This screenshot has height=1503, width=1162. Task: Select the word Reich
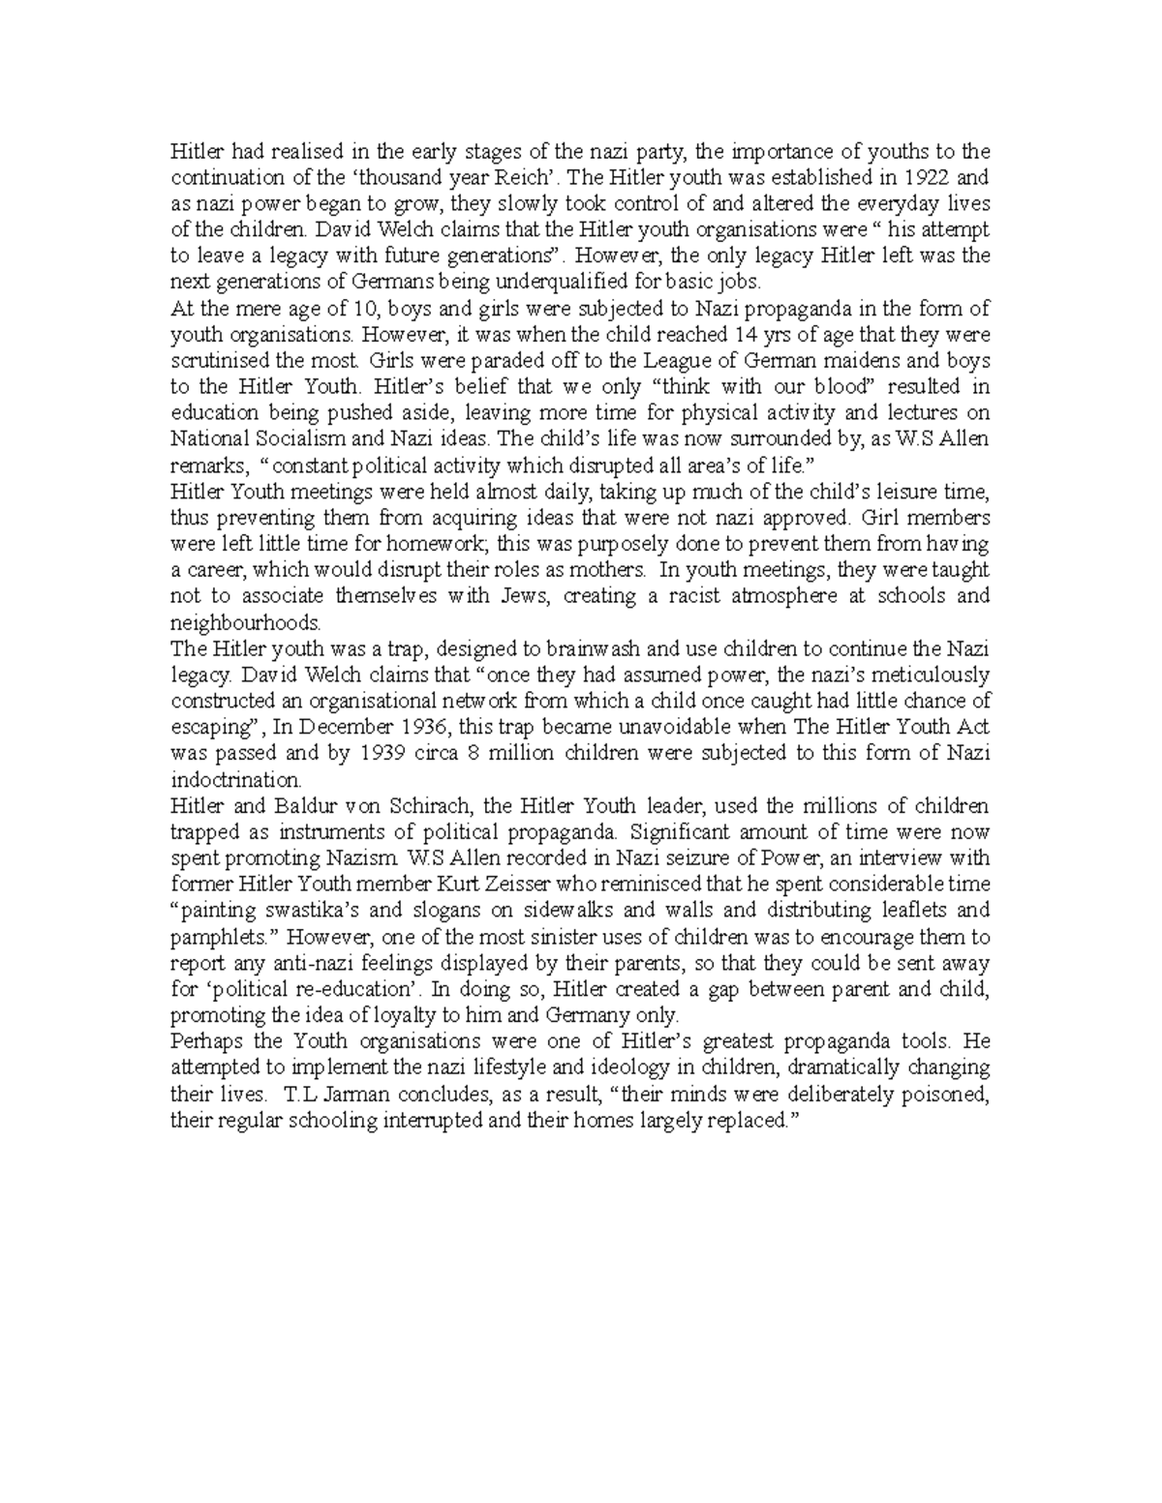[522, 178]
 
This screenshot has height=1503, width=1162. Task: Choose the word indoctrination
[235, 779]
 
